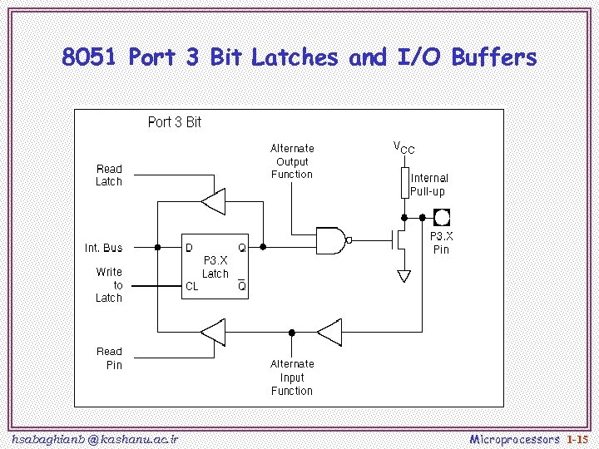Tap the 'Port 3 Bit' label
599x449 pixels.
[x=174, y=122]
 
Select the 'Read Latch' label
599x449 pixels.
[x=108, y=175]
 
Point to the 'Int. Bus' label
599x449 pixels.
[x=103, y=247]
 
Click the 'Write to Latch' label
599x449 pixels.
[x=108, y=284]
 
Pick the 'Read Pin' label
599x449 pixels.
[x=109, y=358]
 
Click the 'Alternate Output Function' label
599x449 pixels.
[x=292, y=161]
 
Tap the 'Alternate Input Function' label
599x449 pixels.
[x=292, y=377]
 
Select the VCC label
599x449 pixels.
[x=403, y=147]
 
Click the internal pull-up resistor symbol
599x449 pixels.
[x=404, y=183]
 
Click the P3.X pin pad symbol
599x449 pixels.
[x=442, y=218]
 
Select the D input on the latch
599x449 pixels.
[x=189, y=247]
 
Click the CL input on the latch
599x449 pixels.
[x=191, y=286]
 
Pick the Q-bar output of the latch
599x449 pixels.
[x=241, y=285]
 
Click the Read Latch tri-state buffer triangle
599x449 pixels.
[x=213, y=200]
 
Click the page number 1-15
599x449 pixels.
[x=577, y=437]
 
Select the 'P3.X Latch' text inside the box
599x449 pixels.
[x=215, y=267]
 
